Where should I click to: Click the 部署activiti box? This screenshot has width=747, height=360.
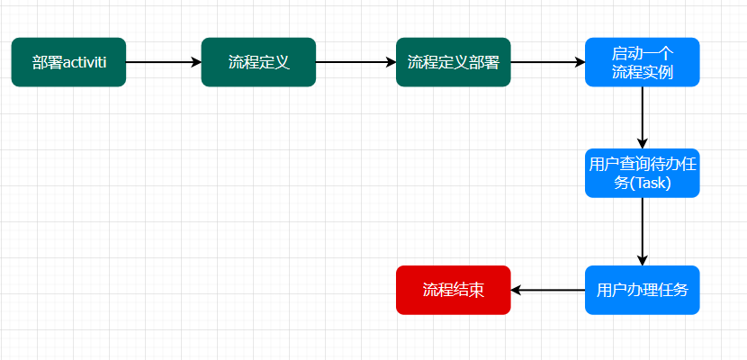pos(68,62)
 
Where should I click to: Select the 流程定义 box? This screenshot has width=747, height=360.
pos(258,62)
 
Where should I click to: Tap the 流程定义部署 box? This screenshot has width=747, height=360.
pos(453,62)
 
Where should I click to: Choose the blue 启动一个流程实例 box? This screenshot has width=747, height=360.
pos(642,62)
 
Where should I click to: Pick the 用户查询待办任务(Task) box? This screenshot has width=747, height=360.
pos(642,173)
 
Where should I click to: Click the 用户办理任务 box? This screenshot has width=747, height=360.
pos(642,290)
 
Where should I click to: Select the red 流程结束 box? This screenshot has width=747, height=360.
pos(453,290)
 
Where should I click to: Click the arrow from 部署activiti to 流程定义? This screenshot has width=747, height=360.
pos(162,62)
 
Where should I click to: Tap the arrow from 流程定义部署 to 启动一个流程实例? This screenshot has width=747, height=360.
pos(547,62)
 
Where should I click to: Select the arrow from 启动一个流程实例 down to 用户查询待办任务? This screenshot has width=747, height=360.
pos(642,117)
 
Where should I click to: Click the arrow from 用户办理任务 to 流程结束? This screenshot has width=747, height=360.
pos(547,290)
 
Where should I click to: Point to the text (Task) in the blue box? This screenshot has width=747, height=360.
pos(650,183)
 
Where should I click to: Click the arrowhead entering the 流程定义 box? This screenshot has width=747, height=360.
pos(195,62)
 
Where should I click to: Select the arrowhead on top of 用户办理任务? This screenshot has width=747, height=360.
pos(642,260)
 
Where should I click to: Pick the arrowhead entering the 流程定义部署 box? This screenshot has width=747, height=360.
pos(391,62)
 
